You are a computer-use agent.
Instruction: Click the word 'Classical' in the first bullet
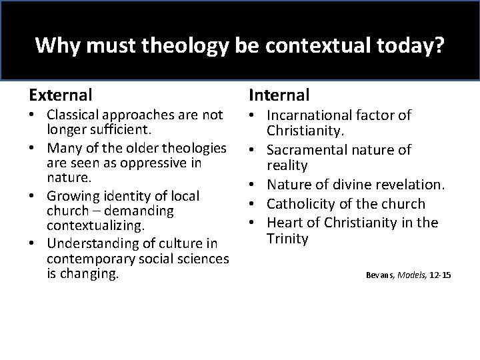click(74, 115)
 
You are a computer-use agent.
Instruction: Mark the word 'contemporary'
click(87, 258)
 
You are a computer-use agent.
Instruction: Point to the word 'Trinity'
click(288, 238)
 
